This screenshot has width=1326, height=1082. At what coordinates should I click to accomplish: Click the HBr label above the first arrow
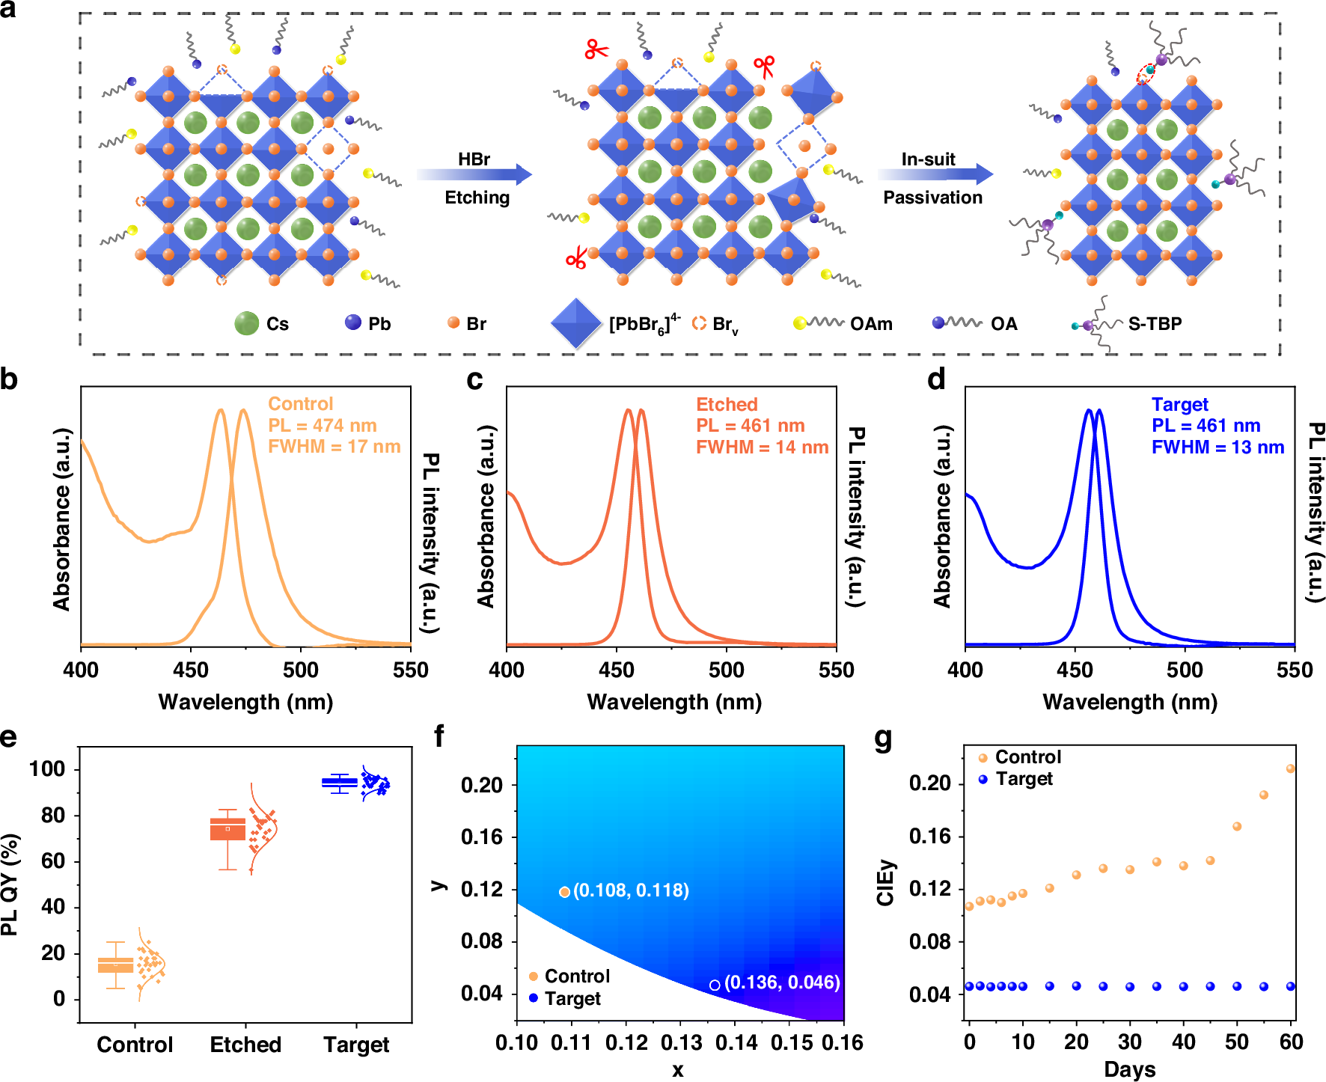[474, 159]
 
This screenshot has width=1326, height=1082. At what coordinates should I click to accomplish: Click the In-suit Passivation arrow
[935, 175]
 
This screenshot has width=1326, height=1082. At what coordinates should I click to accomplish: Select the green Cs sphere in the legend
[246, 323]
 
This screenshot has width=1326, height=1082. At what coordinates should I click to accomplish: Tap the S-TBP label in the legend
[1155, 324]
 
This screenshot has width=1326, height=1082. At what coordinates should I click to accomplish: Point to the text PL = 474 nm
[323, 426]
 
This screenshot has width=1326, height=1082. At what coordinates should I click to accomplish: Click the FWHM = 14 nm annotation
[762, 447]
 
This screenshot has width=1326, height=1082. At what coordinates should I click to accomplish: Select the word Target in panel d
[1179, 405]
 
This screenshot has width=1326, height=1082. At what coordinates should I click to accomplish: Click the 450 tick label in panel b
[191, 670]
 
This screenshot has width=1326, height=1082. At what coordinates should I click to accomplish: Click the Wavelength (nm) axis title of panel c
[674, 702]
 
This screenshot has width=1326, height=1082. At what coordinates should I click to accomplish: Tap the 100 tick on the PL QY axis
[47, 769]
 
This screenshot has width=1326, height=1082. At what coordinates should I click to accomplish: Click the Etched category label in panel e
[245, 1045]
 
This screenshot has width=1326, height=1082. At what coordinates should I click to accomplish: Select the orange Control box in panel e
[116, 965]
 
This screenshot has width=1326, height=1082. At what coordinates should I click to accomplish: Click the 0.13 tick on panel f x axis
[681, 1042]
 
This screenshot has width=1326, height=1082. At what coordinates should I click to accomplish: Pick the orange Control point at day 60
[1290, 768]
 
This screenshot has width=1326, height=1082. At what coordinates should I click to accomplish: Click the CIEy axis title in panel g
[886, 883]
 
